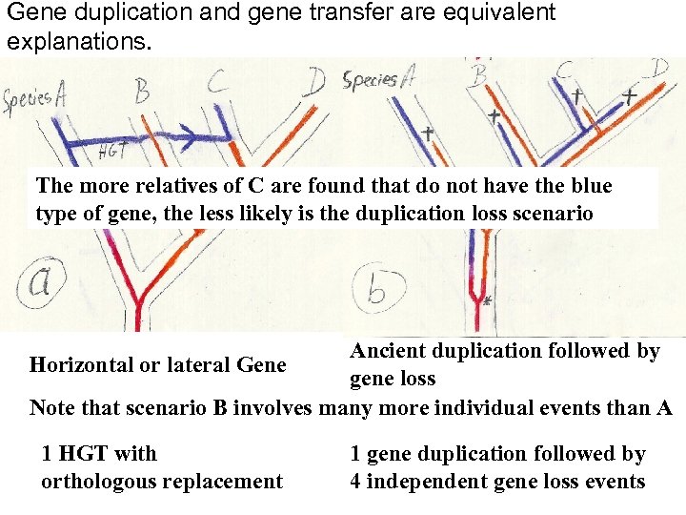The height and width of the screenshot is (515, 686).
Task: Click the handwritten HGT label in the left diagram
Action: pos(115,150)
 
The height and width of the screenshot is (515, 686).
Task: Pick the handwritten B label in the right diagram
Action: pos(479,72)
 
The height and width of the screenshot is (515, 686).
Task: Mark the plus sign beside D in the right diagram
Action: pos(630,96)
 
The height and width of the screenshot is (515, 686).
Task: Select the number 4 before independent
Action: pos(355,482)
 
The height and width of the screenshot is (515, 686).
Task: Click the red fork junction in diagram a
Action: pos(136,303)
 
